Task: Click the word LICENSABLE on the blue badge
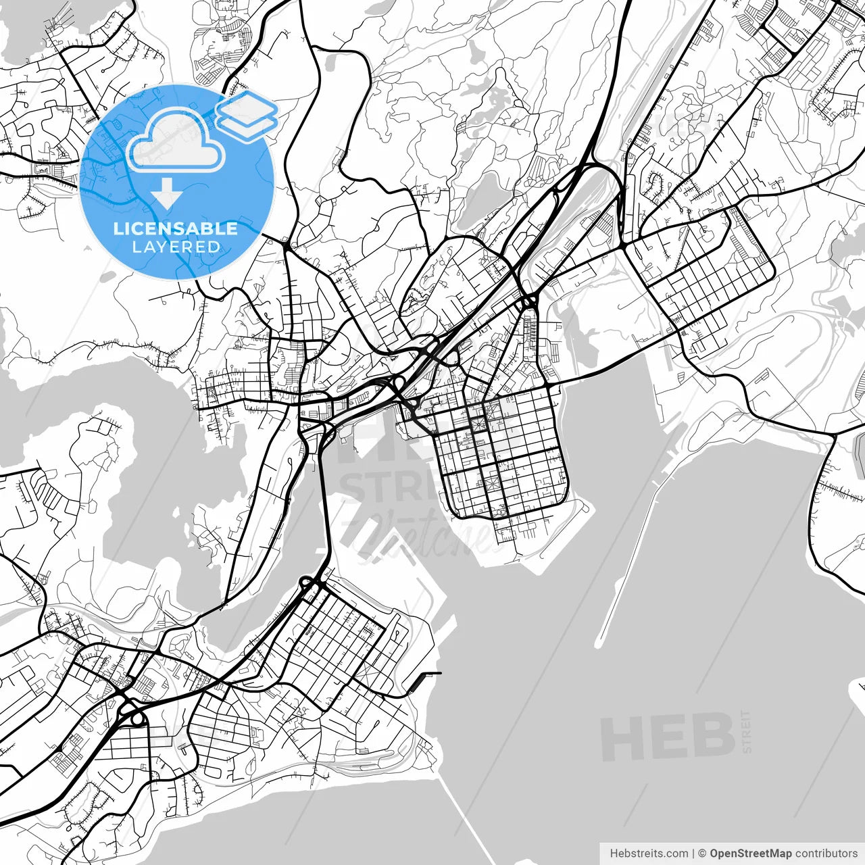coord(176,228)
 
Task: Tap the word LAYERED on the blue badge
coord(176,247)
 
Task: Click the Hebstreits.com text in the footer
coord(649,854)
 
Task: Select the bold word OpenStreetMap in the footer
coord(750,854)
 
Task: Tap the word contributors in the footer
coord(826,854)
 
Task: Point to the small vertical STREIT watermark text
coord(746,731)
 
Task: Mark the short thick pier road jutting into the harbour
coord(426,674)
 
